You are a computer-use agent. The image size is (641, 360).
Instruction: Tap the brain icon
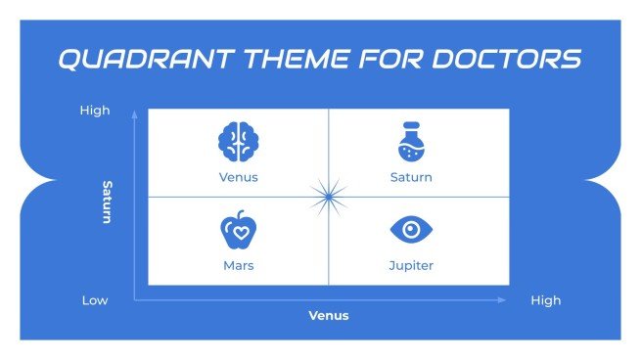click(x=238, y=142)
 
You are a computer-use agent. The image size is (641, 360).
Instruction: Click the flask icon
click(x=411, y=143)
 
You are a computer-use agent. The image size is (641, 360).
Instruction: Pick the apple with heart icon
click(x=238, y=230)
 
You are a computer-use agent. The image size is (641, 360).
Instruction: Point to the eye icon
click(x=411, y=230)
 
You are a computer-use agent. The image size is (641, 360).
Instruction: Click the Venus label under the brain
click(x=238, y=178)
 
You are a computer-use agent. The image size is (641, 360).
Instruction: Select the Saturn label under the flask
click(x=411, y=178)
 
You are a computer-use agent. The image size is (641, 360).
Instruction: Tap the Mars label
click(x=238, y=265)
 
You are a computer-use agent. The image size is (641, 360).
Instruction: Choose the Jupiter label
click(x=411, y=265)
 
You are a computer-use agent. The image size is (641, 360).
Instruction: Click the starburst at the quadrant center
click(x=328, y=196)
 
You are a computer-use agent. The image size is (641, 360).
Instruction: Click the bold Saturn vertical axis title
click(x=108, y=201)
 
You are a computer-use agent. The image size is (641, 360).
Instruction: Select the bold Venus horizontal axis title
click(x=329, y=316)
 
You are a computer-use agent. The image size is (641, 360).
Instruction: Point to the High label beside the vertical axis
click(x=95, y=111)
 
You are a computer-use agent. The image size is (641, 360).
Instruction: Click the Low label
click(x=95, y=300)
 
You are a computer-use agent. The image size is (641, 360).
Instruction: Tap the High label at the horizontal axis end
click(x=546, y=300)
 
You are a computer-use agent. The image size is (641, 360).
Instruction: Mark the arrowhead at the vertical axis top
click(x=135, y=113)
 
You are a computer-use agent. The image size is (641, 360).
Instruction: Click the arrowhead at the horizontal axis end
click(x=503, y=300)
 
